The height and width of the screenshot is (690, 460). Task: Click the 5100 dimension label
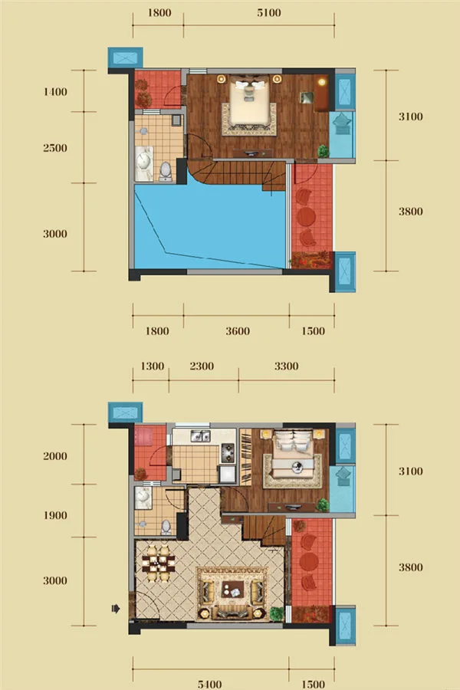[x=269, y=13]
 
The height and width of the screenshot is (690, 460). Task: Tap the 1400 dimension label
[x=55, y=92]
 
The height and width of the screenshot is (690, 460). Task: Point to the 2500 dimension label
[x=55, y=148]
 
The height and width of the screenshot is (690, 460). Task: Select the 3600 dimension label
[x=238, y=331]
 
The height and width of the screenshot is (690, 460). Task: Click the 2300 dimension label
[x=202, y=366]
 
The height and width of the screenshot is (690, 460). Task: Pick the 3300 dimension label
[x=287, y=366]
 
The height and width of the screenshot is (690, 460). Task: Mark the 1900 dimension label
[x=55, y=515]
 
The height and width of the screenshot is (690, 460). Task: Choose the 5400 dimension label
[x=210, y=685]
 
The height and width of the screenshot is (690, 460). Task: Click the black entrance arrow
[x=116, y=609]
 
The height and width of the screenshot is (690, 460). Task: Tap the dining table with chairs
[x=159, y=563]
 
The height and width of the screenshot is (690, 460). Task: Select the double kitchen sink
[x=200, y=435]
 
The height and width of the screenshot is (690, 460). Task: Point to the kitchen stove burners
[x=228, y=453]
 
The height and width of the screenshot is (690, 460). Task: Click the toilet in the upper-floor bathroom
[x=166, y=172]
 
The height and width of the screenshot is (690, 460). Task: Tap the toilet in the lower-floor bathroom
[x=166, y=527]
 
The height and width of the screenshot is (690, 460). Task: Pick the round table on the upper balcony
[x=307, y=216]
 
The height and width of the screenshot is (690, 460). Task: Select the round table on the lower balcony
[x=308, y=561]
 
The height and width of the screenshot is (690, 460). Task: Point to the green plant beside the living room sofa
[x=277, y=613]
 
